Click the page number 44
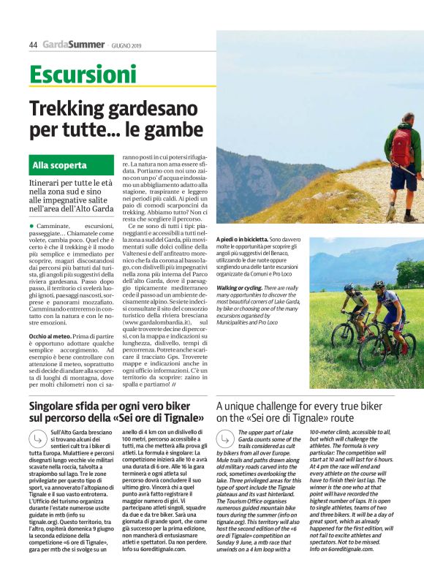coord(33,45)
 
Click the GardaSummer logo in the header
coord(73,45)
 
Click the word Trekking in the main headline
coord(69,110)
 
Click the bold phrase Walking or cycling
coord(243,289)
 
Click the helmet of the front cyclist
coord(379,286)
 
